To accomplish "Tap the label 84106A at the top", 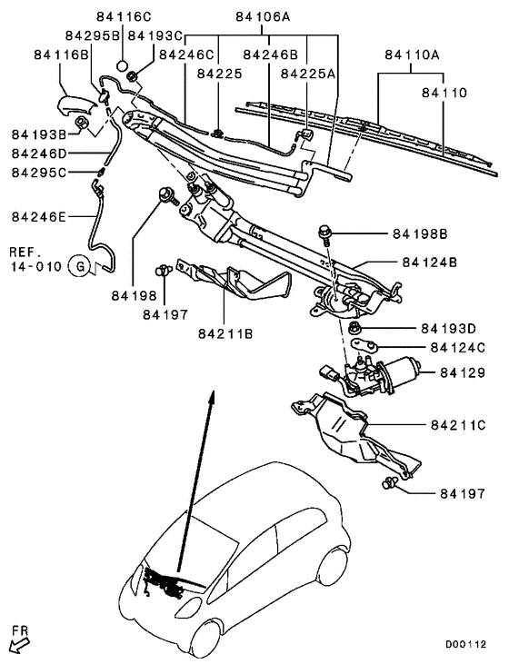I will tap(263, 15).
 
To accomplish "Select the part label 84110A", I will tap(412, 55).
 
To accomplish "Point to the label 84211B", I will tap(225, 333).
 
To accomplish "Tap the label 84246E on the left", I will tap(37, 216).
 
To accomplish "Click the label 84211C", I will tap(459, 424).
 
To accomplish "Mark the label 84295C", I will tap(37, 173).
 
